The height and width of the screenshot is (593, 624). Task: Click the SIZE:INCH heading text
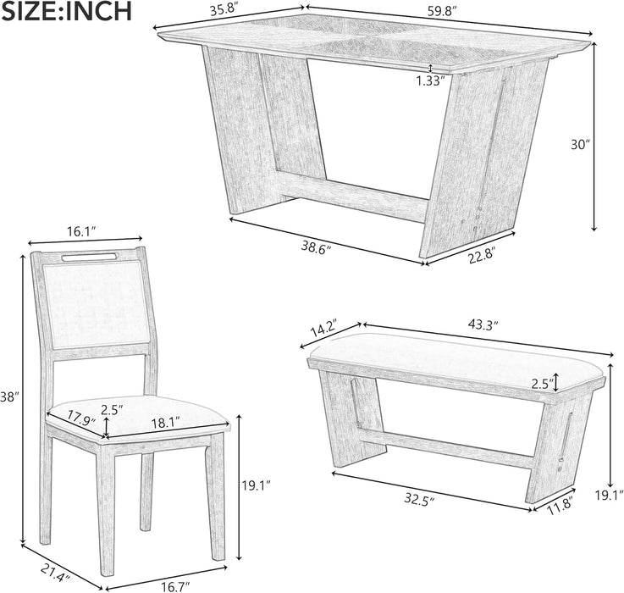pos(66,11)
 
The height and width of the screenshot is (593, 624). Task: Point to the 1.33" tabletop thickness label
pos(430,81)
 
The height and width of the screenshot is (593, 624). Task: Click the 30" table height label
pos(580,145)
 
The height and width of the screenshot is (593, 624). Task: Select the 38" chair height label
pos(9,397)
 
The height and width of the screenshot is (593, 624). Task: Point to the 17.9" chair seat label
pos(81,418)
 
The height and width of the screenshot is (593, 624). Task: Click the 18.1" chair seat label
pos(166,422)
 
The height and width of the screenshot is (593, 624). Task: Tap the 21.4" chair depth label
pos(56,573)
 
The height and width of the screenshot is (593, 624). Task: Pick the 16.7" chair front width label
pos(175,586)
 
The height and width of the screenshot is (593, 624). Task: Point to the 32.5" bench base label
pos(418,499)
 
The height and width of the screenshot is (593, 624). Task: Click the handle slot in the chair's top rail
pos(89,258)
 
